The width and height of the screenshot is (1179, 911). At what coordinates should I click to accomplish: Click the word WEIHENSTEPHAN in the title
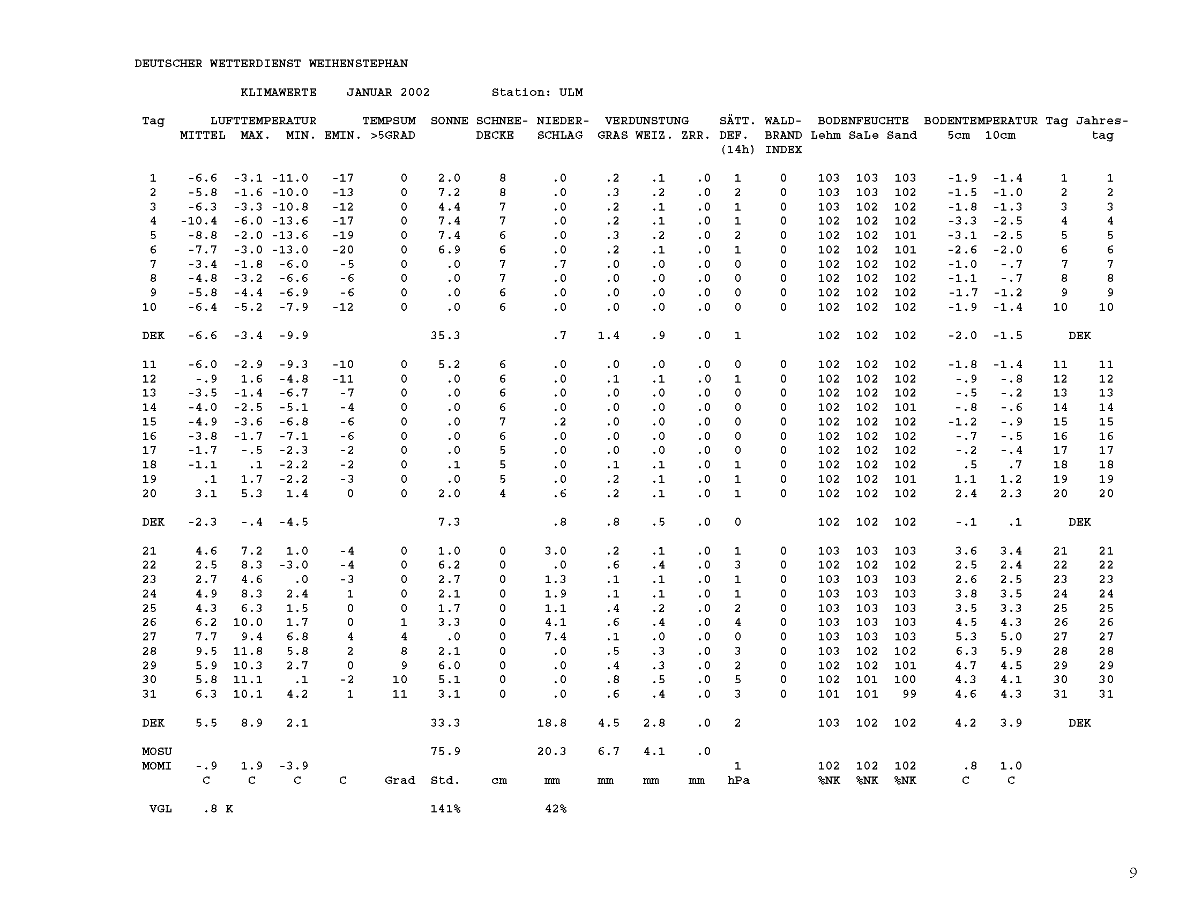point(358,64)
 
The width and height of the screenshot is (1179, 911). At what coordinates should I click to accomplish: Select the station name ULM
point(571,92)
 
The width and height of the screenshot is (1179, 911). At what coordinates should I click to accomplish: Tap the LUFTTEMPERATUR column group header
point(263,121)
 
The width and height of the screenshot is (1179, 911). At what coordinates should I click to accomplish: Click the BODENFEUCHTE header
point(863,121)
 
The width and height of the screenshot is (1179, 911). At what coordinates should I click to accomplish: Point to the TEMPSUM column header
point(389,121)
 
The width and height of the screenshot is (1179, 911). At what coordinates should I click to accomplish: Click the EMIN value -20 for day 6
point(343,250)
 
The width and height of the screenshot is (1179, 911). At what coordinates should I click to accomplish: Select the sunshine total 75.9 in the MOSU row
point(445,751)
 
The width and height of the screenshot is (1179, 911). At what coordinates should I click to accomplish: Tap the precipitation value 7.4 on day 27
point(556,637)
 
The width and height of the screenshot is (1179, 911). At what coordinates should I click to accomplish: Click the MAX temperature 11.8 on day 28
point(248,652)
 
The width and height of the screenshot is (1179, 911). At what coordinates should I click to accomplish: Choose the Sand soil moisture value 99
point(909,694)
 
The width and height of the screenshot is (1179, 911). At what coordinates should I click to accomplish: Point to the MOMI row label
point(156,766)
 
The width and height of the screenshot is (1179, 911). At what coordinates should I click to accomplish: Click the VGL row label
point(160,809)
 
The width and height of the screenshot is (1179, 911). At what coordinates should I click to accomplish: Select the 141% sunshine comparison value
point(445,809)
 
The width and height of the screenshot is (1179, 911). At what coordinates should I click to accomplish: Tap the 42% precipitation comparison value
point(556,809)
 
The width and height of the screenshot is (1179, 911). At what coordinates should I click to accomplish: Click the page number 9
point(1133,872)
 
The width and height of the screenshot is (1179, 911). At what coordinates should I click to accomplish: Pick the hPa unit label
point(738,780)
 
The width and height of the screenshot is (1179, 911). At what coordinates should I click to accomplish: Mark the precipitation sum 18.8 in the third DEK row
point(551,723)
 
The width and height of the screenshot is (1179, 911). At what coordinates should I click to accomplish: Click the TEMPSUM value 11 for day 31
point(399,694)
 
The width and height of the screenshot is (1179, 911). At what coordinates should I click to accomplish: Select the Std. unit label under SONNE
point(445,780)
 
